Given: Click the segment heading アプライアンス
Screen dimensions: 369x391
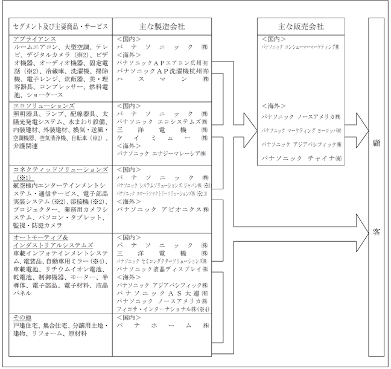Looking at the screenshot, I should pos(33,38).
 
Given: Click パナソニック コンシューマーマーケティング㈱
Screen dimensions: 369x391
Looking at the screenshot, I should pos(300,45).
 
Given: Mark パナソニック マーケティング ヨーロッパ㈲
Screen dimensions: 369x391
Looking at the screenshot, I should pos(300,130).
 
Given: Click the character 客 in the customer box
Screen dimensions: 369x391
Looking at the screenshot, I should pos(377,232).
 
